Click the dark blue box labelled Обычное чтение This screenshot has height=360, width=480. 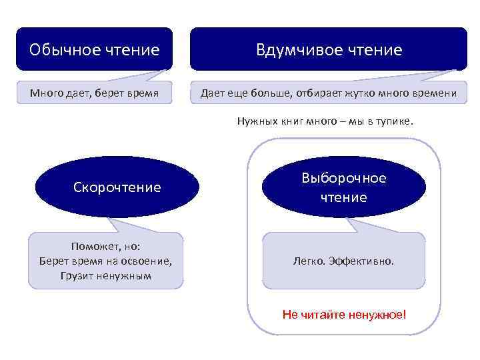click(94, 49)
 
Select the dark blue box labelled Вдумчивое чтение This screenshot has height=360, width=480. click(329, 49)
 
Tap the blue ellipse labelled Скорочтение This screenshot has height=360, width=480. click(117, 187)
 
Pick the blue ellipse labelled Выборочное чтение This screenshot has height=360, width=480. click(343, 187)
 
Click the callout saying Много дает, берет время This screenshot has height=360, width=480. click(94, 93)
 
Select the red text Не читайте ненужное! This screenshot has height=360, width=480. click(343, 314)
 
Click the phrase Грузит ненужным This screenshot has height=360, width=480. click(105, 275)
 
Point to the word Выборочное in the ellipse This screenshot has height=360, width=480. click(343, 179)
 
